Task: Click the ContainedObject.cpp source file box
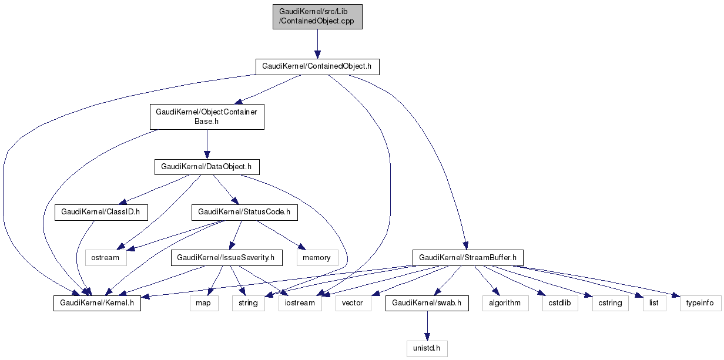(317, 16)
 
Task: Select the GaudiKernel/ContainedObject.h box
(317, 66)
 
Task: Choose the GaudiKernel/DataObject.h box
(207, 167)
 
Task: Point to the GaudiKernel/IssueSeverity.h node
(226, 257)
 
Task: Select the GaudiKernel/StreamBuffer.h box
(468, 257)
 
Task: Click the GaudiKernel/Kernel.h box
(97, 303)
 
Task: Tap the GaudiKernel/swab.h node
(427, 303)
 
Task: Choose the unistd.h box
(427, 348)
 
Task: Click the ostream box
(106, 257)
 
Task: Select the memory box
(317, 257)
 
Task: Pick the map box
(204, 303)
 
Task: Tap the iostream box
(300, 303)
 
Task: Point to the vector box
(353, 303)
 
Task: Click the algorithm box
(505, 303)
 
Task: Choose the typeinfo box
(700, 303)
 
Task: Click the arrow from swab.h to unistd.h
(427, 326)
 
